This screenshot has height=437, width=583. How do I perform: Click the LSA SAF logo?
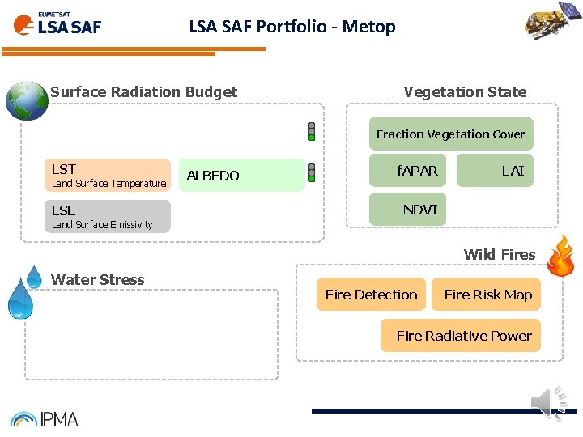(x=57, y=23)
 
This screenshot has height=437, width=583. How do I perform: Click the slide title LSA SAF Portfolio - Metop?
(x=292, y=27)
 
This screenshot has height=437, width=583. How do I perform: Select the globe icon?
(x=26, y=100)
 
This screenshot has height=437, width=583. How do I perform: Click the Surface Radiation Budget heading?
(x=143, y=92)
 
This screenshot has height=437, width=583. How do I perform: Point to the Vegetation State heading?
(x=465, y=92)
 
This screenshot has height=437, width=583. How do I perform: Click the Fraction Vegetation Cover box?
(x=450, y=134)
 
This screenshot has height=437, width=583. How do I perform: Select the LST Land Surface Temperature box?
(x=108, y=175)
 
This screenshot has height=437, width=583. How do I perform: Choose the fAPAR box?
(x=417, y=171)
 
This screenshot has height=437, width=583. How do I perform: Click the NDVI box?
(x=419, y=210)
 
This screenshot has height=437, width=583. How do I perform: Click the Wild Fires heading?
(x=499, y=255)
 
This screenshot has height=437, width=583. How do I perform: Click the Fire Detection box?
(x=371, y=295)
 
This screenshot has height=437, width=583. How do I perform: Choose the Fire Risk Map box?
(x=487, y=295)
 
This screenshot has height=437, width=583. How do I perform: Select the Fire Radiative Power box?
(x=463, y=336)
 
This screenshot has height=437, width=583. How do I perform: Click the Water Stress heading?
(x=98, y=280)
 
